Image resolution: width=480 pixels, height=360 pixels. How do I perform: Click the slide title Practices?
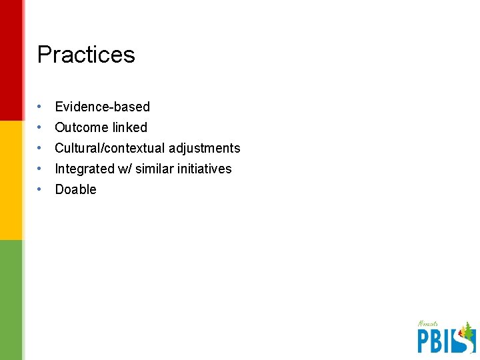[x=86, y=54]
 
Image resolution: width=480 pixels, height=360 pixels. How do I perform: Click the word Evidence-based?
[x=102, y=107]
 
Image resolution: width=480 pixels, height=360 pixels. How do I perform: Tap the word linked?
[x=129, y=127]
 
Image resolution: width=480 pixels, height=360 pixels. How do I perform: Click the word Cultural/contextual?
[x=110, y=148]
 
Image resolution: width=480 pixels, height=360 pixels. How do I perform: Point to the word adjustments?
[x=205, y=148]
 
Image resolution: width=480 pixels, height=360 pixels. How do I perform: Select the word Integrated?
[x=85, y=169]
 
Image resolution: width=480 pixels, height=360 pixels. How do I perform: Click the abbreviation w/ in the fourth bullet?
[x=125, y=169]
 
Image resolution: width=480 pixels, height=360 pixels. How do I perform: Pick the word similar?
[x=156, y=169]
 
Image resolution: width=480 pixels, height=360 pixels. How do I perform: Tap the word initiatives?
[x=205, y=169]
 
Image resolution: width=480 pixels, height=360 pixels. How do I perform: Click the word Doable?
[x=75, y=189]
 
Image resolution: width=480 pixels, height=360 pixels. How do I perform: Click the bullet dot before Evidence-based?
[x=41, y=107]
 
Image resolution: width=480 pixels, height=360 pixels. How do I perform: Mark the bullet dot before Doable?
[x=41, y=189]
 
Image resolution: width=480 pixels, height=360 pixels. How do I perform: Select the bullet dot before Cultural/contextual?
[x=41, y=148]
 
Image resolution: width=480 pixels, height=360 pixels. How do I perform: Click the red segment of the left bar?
[x=11, y=60]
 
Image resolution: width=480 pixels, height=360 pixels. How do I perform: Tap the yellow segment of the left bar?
[x=11, y=180]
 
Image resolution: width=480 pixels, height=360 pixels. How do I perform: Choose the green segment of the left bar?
[x=11, y=300]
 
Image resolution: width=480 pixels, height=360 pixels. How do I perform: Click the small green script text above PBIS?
[x=427, y=324]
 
